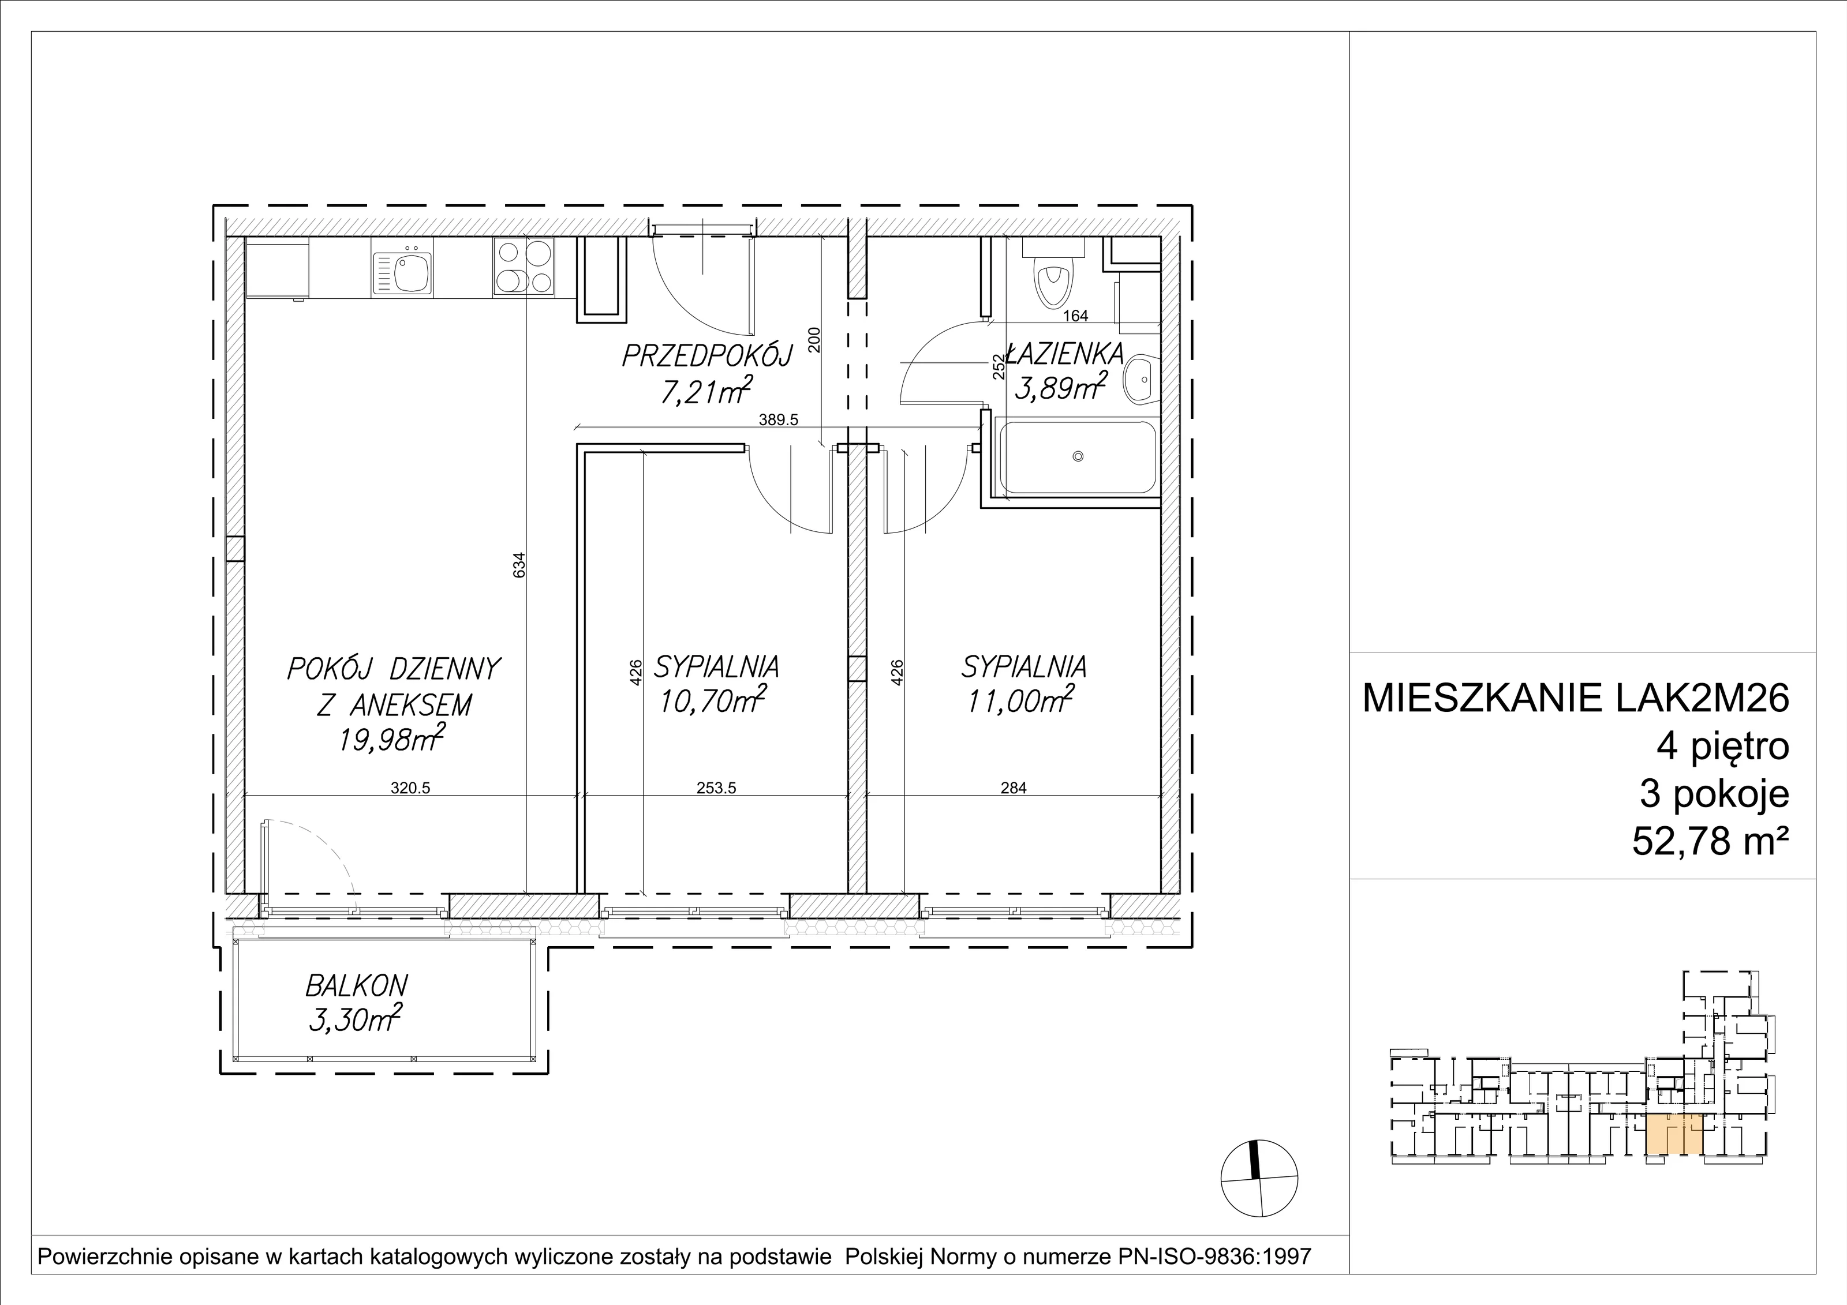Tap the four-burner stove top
[x=524, y=267]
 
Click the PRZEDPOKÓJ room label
[x=708, y=355]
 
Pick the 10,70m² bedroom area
[x=712, y=701]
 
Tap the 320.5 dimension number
[x=411, y=788]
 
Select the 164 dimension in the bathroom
[x=1075, y=316]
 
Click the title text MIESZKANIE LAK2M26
[x=1576, y=698]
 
